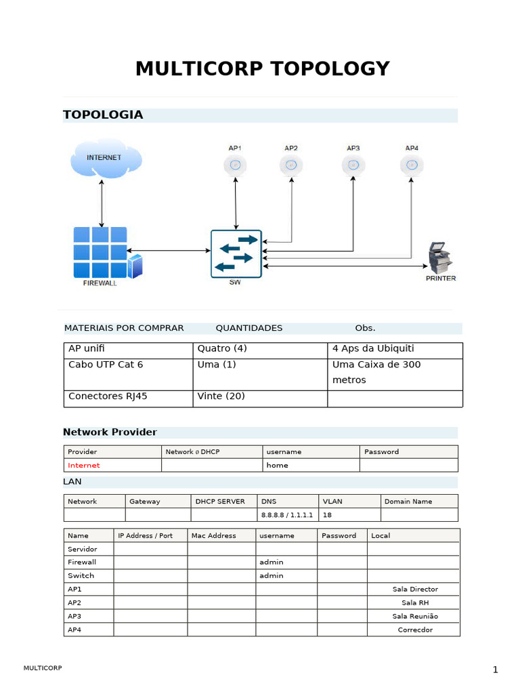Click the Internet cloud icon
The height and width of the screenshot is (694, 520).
(x=106, y=158)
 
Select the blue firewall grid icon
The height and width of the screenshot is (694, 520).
(x=101, y=252)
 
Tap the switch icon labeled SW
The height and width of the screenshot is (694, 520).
(x=236, y=254)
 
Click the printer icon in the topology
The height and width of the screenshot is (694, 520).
(x=439, y=258)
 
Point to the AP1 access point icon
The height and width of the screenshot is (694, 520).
(x=235, y=165)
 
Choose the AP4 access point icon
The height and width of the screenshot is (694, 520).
(x=411, y=164)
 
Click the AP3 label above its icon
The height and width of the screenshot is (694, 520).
(x=353, y=148)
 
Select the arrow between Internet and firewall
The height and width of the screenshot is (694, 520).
(x=102, y=204)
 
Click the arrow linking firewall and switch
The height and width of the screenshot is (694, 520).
(x=168, y=251)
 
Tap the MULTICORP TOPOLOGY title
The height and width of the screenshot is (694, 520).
(x=262, y=68)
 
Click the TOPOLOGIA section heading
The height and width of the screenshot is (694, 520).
(x=103, y=115)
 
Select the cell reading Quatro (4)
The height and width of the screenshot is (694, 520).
(x=222, y=349)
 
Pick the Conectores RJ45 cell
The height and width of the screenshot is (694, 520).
(x=108, y=396)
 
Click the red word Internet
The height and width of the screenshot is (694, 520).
(x=83, y=466)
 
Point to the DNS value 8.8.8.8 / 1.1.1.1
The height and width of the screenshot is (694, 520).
(x=287, y=515)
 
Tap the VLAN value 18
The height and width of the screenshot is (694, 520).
(x=327, y=515)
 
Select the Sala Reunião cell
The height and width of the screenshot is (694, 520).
(x=415, y=616)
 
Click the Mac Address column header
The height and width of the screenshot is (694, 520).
(x=214, y=535)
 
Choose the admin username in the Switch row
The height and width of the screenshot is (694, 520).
(x=271, y=575)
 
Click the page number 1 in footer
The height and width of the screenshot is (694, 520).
(x=495, y=670)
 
